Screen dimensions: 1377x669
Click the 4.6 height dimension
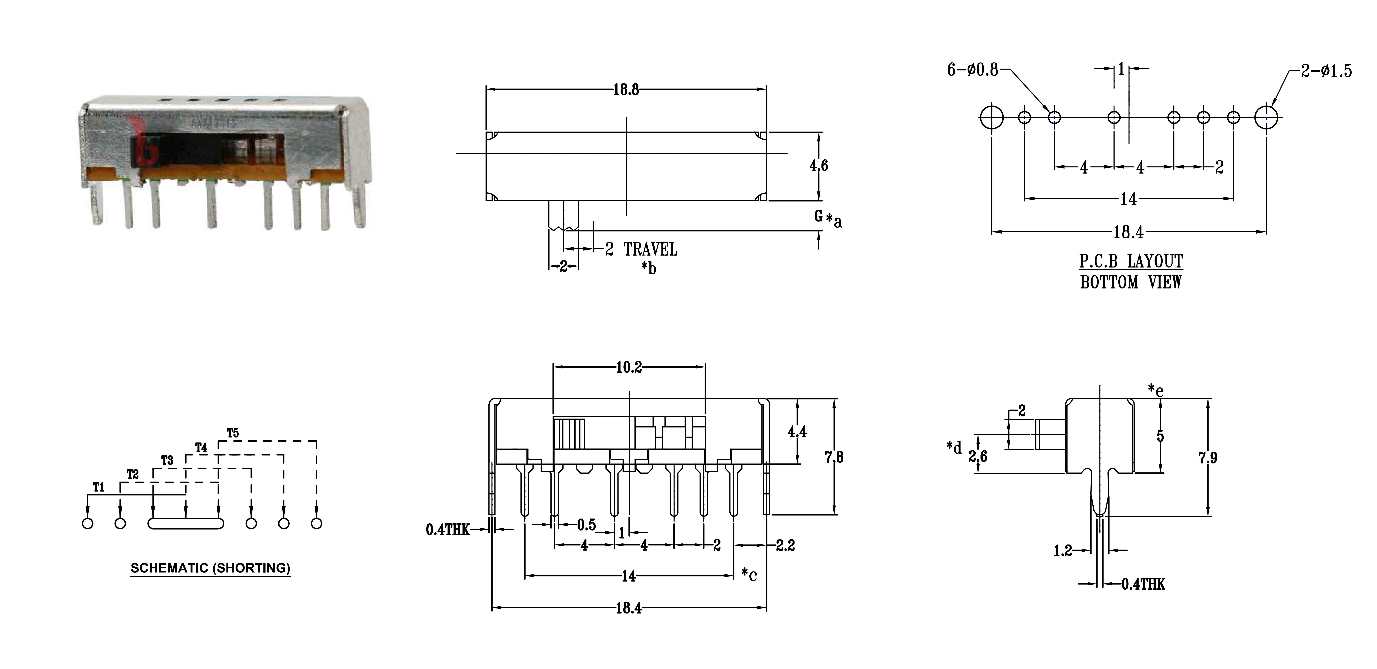pos(818,166)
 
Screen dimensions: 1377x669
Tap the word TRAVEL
pos(650,249)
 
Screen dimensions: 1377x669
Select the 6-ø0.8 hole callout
pos(972,70)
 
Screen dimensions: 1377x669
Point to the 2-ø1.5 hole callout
pos(1326,71)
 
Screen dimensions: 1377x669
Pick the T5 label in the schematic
pos(233,433)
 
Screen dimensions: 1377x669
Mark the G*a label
pos(828,218)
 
